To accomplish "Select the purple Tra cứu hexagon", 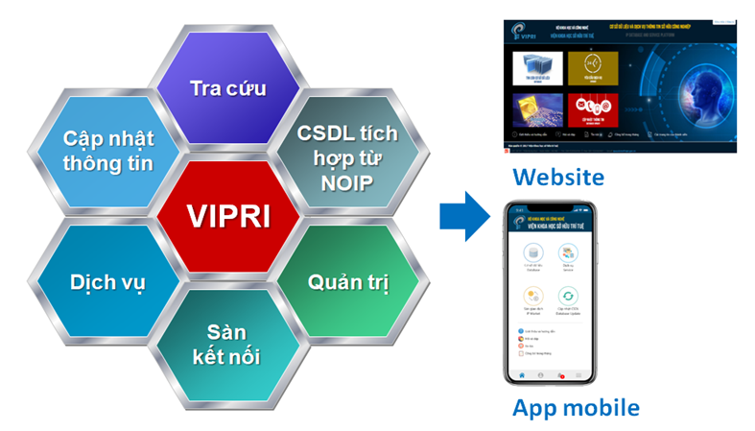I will coord(228,88).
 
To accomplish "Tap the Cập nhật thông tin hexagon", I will coord(107,150).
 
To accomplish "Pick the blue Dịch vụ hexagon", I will coord(107,282).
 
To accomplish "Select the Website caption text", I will coord(557,177).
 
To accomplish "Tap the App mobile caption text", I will coord(576,407).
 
